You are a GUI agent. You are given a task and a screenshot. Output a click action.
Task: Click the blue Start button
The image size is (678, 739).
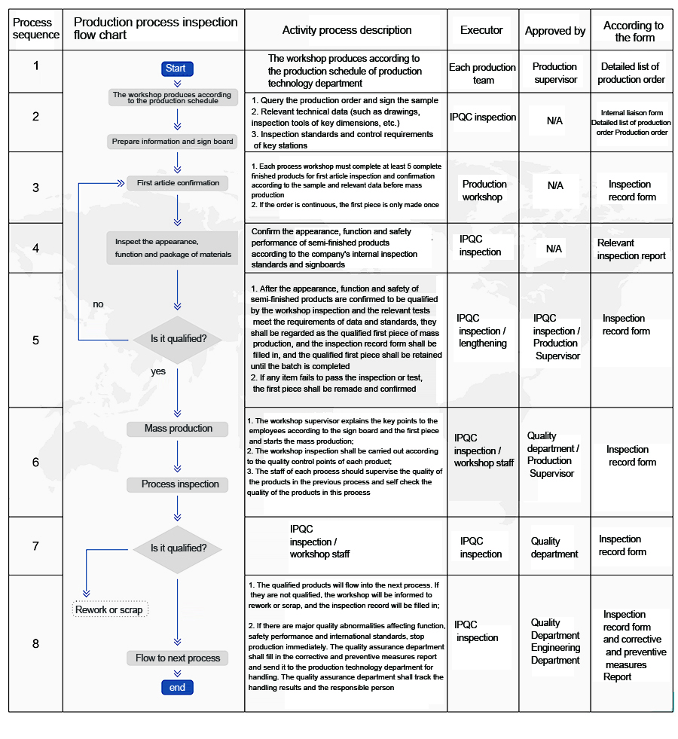pyautogui.click(x=176, y=69)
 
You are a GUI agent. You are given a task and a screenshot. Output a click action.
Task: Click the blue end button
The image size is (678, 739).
pyautogui.click(x=177, y=687)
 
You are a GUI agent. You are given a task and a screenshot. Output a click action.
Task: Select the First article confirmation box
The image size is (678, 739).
pyautogui.click(x=178, y=182)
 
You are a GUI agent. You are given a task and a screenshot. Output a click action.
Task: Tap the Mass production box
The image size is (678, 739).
pyautogui.click(x=179, y=429)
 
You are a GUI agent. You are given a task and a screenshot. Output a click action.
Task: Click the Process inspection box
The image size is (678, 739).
pyautogui.click(x=179, y=484)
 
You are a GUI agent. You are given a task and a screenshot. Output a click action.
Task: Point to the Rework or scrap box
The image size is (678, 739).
pyautogui.click(x=109, y=609)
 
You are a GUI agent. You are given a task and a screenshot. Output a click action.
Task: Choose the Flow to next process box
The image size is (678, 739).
pyautogui.click(x=178, y=658)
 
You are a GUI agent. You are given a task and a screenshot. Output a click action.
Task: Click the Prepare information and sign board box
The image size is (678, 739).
pyautogui.click(x=173, y=142)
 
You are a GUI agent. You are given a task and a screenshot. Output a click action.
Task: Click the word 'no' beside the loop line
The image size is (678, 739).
pyautogui.click(x=98, y=304)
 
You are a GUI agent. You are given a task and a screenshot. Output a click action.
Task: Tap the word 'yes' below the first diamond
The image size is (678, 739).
pyautogui.click(x=158, y=371)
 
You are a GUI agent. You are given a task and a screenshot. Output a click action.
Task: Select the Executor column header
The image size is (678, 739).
pyautogui.click(x=481, y=30)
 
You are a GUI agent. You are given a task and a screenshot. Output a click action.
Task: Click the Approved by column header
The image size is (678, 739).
pyautogui.click(x=555, y=31)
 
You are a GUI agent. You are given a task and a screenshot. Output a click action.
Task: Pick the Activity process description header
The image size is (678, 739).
pyautogui.click(x=347, y=30)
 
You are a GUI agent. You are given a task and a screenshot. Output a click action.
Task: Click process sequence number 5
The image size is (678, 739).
pyautogui.click(x=35, y=340)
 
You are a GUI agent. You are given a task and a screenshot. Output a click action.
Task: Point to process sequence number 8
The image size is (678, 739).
pyautogui.click(x=35, y=643)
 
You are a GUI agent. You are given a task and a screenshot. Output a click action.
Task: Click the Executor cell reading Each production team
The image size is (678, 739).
pyautogui.click(x=482, y=73)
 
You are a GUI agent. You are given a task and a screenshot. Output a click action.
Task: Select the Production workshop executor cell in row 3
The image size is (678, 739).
pyautogui.click(x=484, y=191)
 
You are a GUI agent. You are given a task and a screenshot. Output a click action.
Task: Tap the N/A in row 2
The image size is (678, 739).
pyautogui.click(x=554, y=121)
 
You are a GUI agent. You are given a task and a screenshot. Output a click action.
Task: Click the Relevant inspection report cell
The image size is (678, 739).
pyautogui.click(x=631, y=249)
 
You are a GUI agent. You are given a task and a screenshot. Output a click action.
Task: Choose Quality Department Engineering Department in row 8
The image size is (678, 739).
pyautogui.click(x=555, y=641)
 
